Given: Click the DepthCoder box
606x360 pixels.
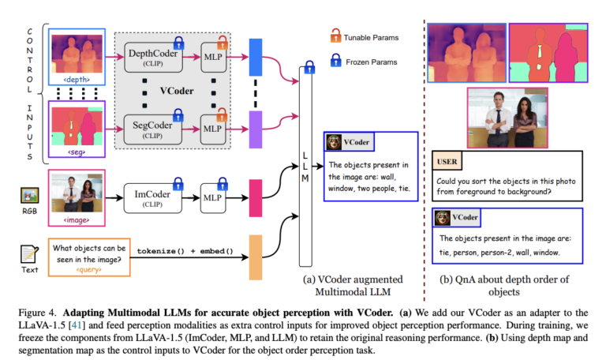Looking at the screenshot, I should pos(155,58).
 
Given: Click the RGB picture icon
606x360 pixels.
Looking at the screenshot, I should pos(29,195).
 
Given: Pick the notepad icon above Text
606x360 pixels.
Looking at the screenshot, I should pos(29,254).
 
